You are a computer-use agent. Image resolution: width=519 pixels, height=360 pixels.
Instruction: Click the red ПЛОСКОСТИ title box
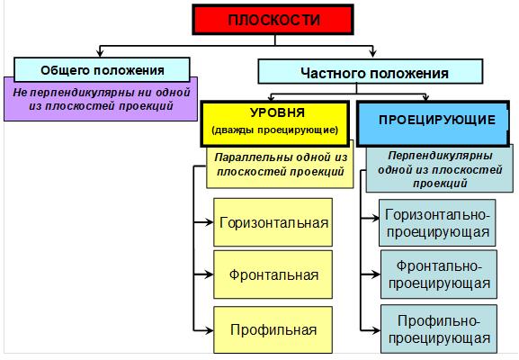click(273, 20)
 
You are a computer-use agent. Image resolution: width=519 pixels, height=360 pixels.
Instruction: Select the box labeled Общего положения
click(102, 70)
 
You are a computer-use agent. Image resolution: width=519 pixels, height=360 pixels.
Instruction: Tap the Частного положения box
click(371, 71)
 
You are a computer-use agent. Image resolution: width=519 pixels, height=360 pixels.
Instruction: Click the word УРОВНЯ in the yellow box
click(277, 112)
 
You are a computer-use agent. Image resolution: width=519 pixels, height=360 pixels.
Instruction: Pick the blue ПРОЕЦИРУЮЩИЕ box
click(433, 124)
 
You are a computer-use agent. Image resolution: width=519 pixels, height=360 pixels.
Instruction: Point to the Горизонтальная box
click(273, 222)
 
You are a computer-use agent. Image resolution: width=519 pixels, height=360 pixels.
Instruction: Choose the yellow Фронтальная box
click(273, 274)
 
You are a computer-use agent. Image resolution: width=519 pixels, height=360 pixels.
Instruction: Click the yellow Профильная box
click(273, 330)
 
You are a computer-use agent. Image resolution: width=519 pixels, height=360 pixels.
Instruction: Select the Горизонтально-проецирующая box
click(437, 222)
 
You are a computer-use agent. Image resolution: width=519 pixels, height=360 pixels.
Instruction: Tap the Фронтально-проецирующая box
click(439, 274)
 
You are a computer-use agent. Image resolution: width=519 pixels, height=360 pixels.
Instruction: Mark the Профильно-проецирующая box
click(439, 328)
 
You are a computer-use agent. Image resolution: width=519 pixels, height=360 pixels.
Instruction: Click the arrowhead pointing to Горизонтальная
click(210, 222)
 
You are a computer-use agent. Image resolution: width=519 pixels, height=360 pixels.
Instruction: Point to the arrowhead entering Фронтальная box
click(210, 274)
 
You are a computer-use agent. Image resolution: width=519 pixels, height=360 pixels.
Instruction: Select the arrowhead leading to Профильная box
click(210, 330)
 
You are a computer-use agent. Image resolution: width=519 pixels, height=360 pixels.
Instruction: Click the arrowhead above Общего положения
click(100, 53)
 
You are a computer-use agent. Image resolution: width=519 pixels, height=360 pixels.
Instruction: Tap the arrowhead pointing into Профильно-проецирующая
click(376, 330)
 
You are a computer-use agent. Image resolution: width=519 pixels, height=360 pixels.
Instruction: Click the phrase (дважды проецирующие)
click(275, 130)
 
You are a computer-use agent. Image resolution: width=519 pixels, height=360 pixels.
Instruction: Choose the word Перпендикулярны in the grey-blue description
click(440, 156)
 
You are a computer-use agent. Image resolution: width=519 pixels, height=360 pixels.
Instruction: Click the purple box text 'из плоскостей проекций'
click(101, 106)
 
